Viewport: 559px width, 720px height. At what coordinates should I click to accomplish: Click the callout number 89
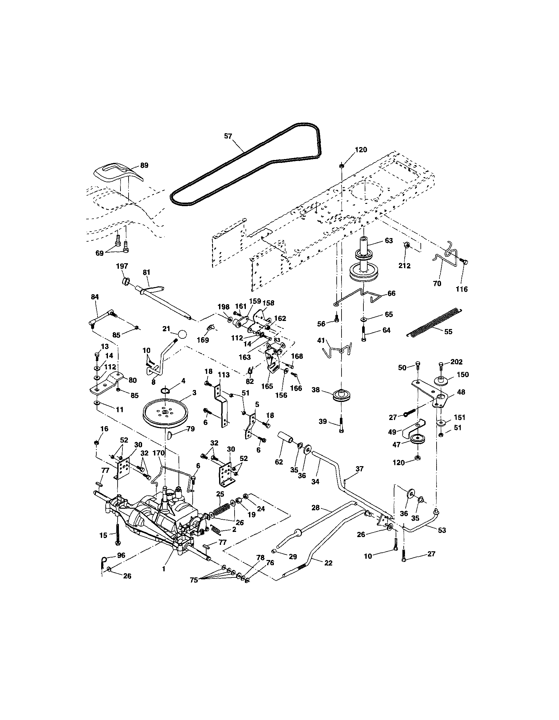[x=144, y=165]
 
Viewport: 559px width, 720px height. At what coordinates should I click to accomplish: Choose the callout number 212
[x=404, y=266]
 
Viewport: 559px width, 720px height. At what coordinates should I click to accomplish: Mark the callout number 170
[x=158, y=453]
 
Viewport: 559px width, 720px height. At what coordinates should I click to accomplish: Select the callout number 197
[x=122, y=266]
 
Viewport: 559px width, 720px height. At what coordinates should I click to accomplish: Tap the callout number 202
[x=456, y=362]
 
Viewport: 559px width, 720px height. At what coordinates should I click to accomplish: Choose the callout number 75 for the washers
[x=194, y=580]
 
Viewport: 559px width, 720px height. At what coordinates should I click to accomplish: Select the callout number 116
[x=462, y=289]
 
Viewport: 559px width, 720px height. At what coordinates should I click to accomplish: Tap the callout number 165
[x=267, y=386]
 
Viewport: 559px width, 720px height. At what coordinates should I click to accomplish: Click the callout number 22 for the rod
[x=328, y=563]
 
